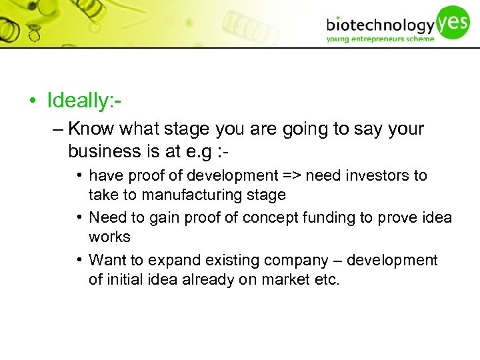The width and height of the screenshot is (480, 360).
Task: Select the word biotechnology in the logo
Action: (380, 25)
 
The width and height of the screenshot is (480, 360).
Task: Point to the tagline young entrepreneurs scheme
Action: (379, 39)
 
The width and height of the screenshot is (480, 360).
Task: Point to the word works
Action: (109, 237)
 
